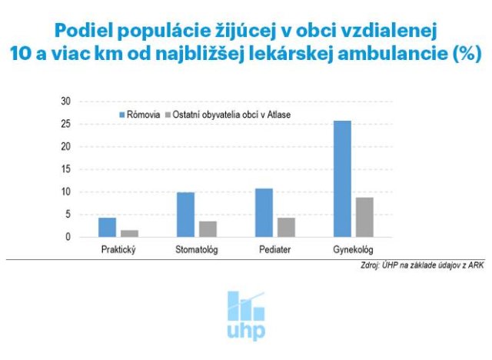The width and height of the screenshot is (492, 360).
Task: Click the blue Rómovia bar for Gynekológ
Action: [x=342, y=178]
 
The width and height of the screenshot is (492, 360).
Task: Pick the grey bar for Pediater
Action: [x=286, y=227]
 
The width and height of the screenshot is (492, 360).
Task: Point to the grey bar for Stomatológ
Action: [x=208, y=228]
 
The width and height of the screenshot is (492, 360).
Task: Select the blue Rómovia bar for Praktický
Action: [x=107, y=227]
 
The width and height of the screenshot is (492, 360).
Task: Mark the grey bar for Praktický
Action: [x=129, y=233]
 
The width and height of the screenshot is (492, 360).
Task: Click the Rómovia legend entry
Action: [x=139, y=115]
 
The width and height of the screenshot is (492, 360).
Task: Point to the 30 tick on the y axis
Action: [x=65, y=102]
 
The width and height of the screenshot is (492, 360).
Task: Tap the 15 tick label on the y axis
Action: [x=65, y=169]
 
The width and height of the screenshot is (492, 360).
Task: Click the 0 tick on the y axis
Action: [x=68, y=237]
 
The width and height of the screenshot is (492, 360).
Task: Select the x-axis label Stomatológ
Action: [x=196, y=251]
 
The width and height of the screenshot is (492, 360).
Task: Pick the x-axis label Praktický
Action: [x=118, y=251]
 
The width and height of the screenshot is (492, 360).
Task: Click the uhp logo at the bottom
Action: [x=246, y=315]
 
